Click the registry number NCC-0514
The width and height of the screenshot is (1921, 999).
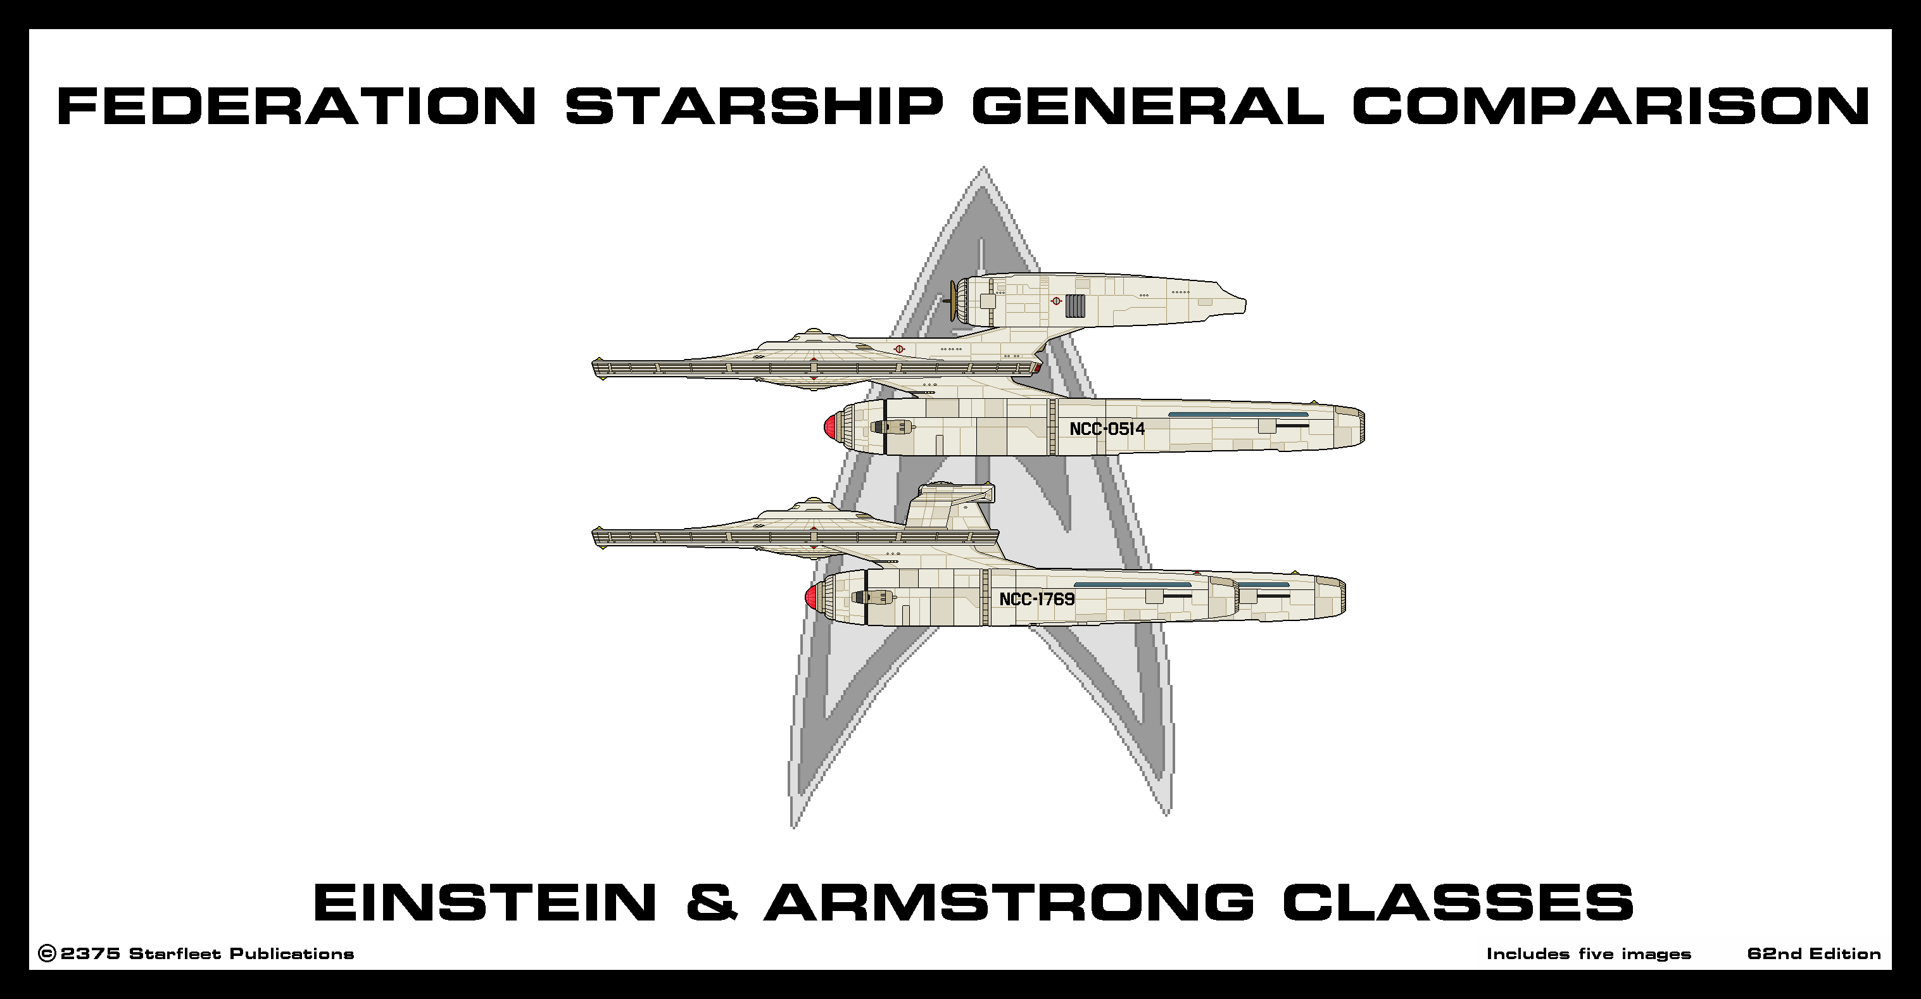pos(1107,429)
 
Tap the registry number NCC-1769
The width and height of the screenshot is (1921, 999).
pos(1036,600)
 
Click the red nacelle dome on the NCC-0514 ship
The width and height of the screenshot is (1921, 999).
pos(829,427)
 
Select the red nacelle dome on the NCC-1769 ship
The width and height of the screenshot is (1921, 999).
pos(810,597)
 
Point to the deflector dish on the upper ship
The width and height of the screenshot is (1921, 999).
pos(952,301)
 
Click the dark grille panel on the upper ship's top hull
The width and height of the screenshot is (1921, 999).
pos(1074,305)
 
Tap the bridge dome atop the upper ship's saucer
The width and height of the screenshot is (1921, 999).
pos(814,332)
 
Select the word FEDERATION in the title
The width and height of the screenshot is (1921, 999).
pos(296,106)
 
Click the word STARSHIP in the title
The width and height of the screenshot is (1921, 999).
pos(754,106)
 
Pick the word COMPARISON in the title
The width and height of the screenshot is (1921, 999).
pos(1611,106)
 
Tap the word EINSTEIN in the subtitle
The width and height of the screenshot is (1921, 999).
pos(485,902)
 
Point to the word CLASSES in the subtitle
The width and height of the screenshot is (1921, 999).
pos(1459,902)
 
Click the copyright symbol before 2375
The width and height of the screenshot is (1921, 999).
pos(46,954)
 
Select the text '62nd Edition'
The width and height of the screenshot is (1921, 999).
pos(1813,954)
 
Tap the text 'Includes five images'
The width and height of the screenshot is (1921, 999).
pos(1589,954)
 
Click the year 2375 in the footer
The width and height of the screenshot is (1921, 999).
pos(91,954)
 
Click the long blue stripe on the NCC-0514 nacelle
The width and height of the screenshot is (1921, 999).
pos(1238,415)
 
